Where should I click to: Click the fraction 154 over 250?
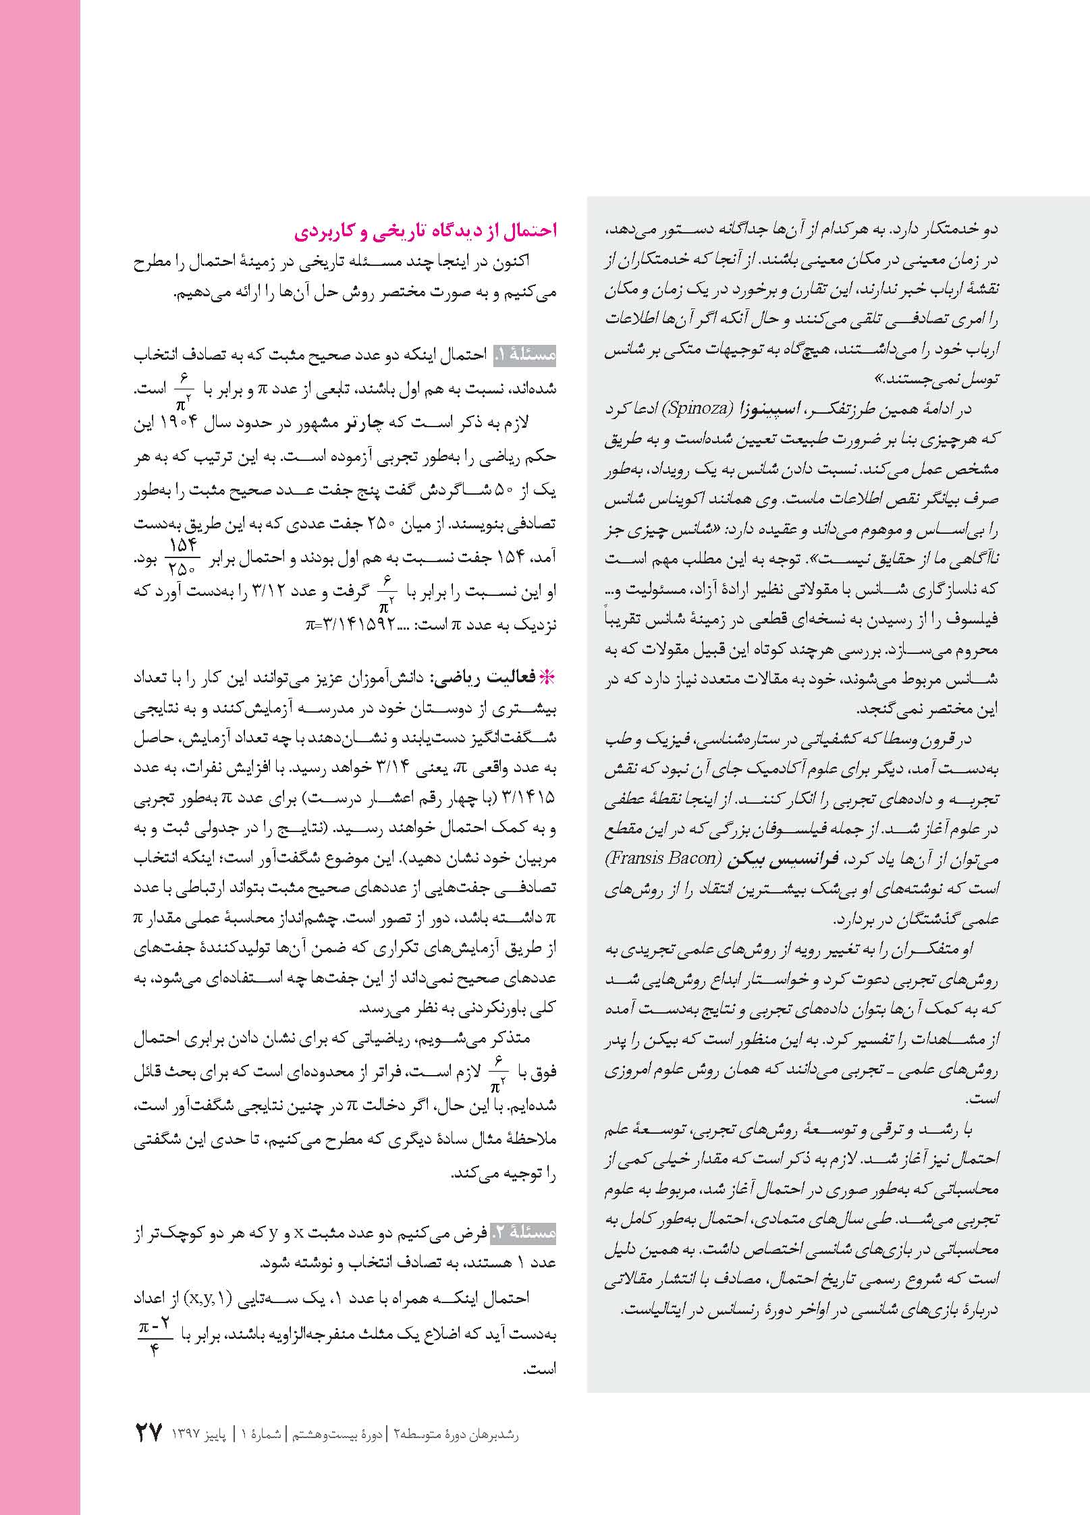(x=182, y=554)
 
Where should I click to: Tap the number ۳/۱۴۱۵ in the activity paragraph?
(x=529, y=797)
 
